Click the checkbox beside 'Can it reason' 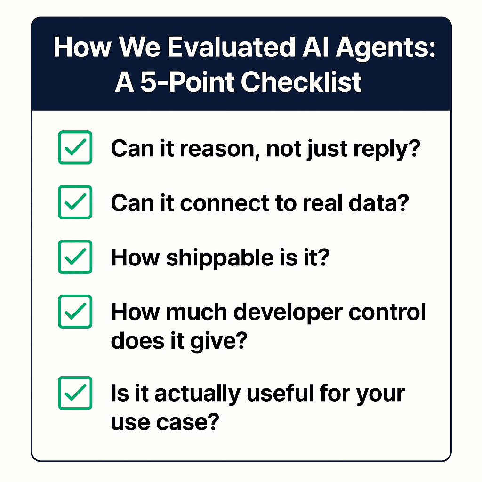pos(75,147)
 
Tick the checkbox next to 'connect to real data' pos(75,202)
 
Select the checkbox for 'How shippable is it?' pos(75,257)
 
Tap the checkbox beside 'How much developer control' pos(75,311)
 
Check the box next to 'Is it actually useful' pos(75,392)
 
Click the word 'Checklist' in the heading pos(301,82)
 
